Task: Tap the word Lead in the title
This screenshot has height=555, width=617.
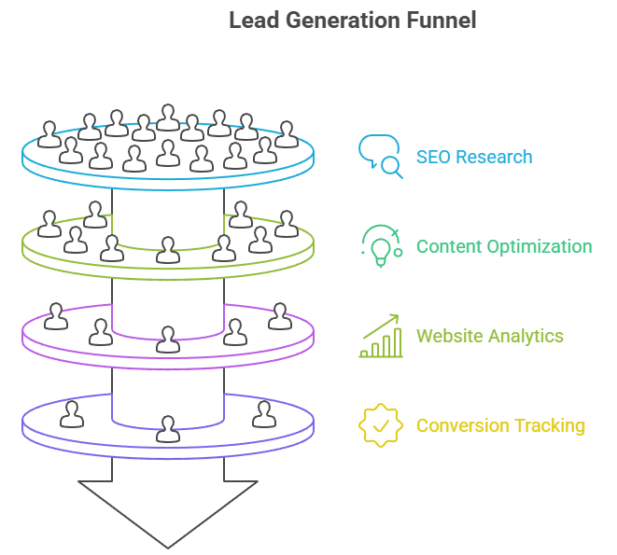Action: point(252,21)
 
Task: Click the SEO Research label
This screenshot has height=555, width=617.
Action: point(474,157)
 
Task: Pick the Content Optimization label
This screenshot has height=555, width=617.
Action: point(504,246)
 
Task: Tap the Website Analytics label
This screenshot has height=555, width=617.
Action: point(490,336)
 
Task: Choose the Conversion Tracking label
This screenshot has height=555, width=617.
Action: point(500,425)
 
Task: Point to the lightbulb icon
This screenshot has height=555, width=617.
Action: point(380,248)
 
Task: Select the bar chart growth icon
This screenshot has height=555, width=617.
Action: point(380,336)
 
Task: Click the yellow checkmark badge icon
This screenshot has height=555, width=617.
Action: point(380,425)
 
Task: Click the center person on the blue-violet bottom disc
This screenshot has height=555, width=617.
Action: point(168,429)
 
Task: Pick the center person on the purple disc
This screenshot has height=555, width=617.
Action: point(168,340)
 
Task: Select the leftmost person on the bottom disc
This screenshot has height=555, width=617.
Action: point(72,413)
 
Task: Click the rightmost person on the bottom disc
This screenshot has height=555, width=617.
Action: point(264,413)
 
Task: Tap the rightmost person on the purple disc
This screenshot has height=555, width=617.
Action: point(279,316)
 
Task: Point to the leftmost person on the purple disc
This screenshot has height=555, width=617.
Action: point(56,316)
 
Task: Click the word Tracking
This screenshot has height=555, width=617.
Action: point(549,425)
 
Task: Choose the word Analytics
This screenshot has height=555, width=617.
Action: point(527,336)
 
